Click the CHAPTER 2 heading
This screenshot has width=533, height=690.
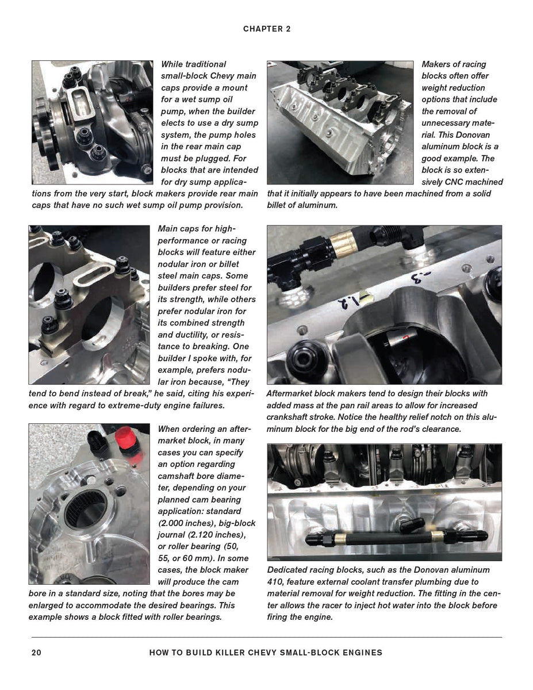(x=267, y=29)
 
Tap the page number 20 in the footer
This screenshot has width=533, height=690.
(x=36, y=653)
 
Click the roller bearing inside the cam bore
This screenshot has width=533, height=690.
(x=85, y=509)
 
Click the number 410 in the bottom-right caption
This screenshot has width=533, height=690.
(x=277, y=581)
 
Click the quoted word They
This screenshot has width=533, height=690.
(x=240, y=381)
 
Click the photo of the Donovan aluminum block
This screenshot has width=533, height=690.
(x=340, y=122)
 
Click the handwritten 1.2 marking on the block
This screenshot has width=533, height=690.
(x=343, y=301)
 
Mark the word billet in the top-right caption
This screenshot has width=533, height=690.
(x=278, y=205)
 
